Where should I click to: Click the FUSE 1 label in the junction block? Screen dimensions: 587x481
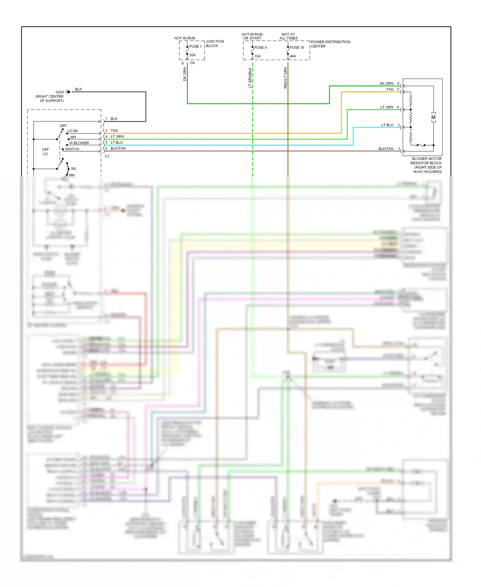(x=195, y=47)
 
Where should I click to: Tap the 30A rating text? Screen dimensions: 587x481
(x=192, y=55)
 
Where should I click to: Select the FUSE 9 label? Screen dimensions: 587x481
(x=260, y=48)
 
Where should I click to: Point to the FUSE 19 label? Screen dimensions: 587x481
(x=297, y=48)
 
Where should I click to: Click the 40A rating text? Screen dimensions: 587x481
(x=293, y=56)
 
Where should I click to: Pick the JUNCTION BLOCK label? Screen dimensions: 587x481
(x=215, y=44)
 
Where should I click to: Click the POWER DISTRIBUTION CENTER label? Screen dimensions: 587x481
(x=330, y=44)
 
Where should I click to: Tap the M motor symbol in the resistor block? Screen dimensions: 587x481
(x=434, y=117)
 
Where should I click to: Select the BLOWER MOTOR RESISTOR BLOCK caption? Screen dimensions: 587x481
(x=426, y=165)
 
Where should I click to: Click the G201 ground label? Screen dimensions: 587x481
(x=60, y=92)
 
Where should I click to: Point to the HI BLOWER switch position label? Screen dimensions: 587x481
(x=79, y=143)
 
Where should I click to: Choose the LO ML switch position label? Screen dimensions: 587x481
(x=73, y=131)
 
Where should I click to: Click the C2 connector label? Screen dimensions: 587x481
(x=107, y=156)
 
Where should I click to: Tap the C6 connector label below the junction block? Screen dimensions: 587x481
(x=192, y=63)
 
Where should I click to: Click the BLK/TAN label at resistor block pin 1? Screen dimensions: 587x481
(x=386, y=149)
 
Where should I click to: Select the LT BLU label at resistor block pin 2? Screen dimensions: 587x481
(x=387, y=125)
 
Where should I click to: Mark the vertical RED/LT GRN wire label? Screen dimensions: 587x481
(x=285, y=78)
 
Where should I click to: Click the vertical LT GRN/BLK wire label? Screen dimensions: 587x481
(x=250, y=78)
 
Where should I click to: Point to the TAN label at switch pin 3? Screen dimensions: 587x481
(x=114, y=131)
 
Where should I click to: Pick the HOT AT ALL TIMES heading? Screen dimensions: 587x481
(x=288, y=36)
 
